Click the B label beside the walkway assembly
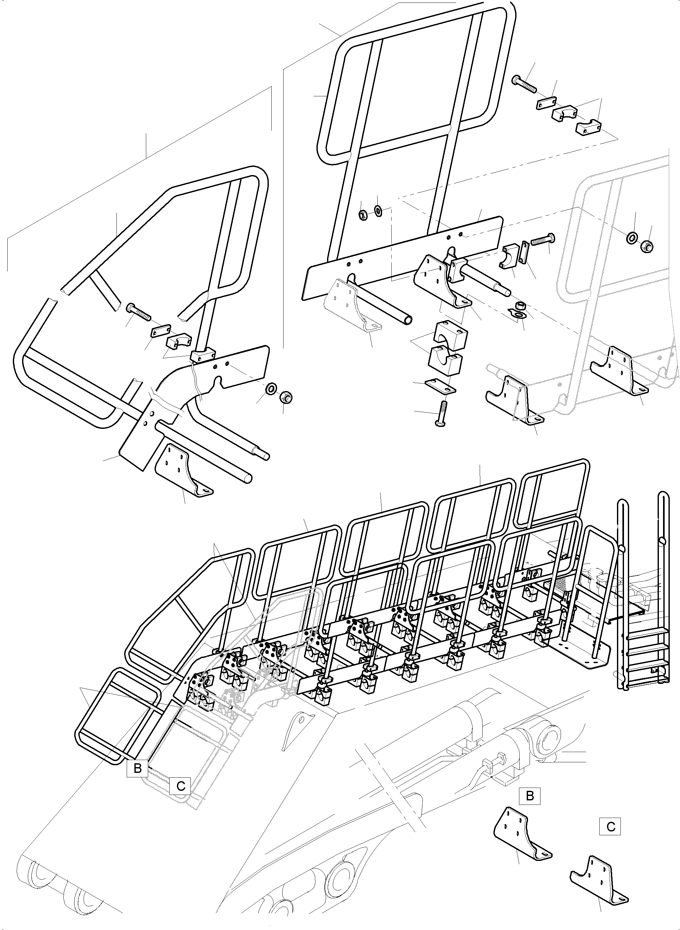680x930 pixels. (138, 768)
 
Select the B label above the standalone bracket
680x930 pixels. (530, 796)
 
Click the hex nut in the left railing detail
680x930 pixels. (285, 397)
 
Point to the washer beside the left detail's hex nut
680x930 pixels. (272, 388)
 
